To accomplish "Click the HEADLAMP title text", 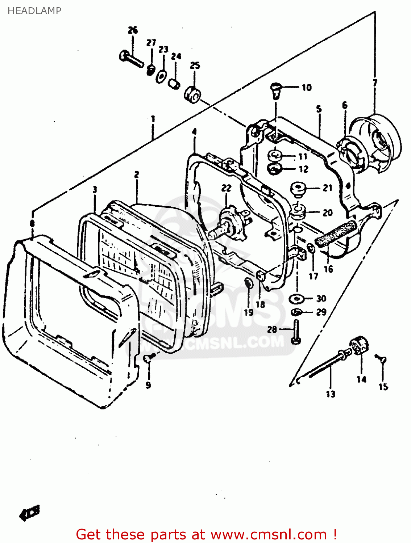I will pyautogui.click(x=34, y=11).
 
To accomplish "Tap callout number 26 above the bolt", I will pyautogui.click(x=133, y=30).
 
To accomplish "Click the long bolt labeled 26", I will pyautogui.click(x=131, y=59).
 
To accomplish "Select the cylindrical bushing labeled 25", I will pyautogui.click(x=192, y=94).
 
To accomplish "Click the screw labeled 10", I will pyautogui.click(x=276, y=90).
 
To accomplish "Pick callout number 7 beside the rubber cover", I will pyautogui.click(x=375, y=83).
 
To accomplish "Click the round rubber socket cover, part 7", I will pyautogui.click(x=377, y=141).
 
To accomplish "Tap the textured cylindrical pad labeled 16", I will pyautogui.click(x=336, y=233).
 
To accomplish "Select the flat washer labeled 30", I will pyautogui.click(x=297, y=299).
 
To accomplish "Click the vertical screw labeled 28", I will pyautogui.click(x=296, y=331).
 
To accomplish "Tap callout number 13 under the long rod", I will pyautogui.click(x=330, y=394).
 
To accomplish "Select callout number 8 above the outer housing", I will pyautogui.click(x=32, y=224).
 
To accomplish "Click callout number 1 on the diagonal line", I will pyautogui.click(x=153, y=119).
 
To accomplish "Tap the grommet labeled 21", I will pyautogui.click(x=298, y=189).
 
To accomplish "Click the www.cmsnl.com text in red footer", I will pyautogui.click(x=269, y=534).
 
